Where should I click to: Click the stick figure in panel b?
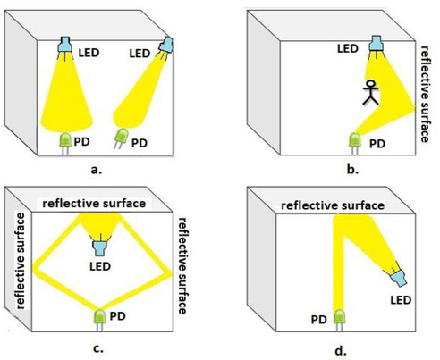pos(370,92)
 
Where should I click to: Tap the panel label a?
pos(96,170)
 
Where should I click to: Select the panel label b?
pos(353,170)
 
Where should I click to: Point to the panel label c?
pos(98,348)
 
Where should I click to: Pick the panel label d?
pos(341,351)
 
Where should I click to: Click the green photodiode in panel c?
pos(100,321)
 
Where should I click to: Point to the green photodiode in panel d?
pos(339,321)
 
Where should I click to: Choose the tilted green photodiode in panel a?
pos(121,138)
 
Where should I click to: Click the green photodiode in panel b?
pos(355,144)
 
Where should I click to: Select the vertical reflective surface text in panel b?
pos(425,94)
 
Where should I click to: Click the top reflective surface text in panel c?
pos(94,204)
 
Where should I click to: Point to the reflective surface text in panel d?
pos(333,205)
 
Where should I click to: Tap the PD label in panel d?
pos(319,320)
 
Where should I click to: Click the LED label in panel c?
pos(100,266)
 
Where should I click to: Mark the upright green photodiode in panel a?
pos(65,144)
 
